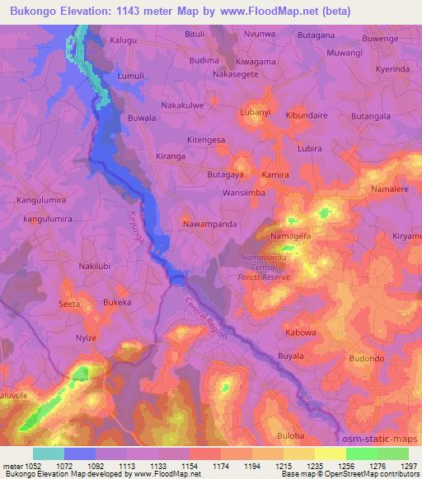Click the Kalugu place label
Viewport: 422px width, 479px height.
point(123,39)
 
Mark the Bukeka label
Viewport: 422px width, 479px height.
point(117,303)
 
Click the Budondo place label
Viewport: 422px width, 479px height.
point(367,359)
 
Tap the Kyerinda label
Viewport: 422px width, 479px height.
point(392,69)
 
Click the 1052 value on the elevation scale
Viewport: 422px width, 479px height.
point(30,465)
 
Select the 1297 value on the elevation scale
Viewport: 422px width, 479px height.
point(407,465)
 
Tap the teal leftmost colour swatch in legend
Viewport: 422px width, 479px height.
point(49,453)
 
